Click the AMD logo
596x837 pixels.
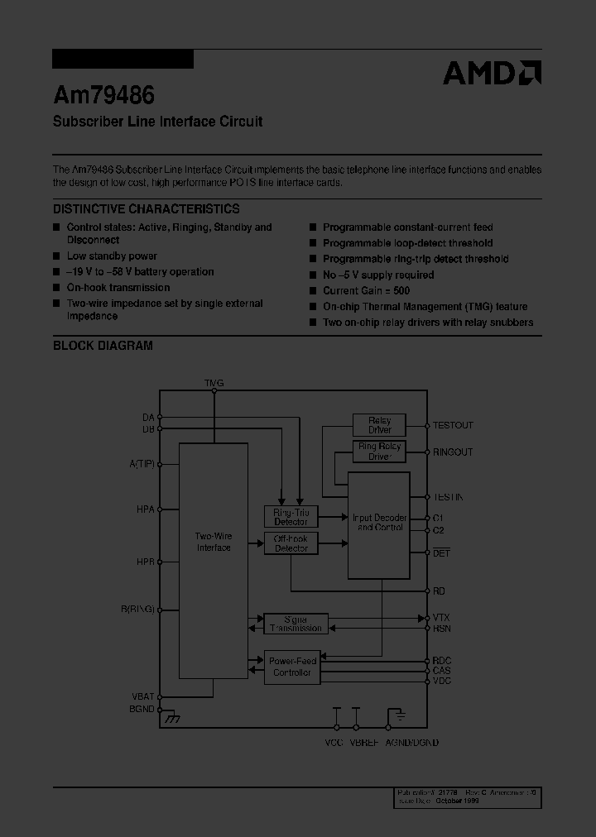tap(492, 73)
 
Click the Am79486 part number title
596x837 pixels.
tap(103, 96)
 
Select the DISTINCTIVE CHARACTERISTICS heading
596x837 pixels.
tap(147, 209)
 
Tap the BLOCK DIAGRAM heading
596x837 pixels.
tap(103, 346)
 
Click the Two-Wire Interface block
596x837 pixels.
tap(214, 543)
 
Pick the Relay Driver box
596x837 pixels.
tap(379, 425)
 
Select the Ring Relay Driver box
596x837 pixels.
tap(379, 452)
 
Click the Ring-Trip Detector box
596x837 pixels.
tap(291, 517)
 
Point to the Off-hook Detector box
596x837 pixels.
tap(291, 543)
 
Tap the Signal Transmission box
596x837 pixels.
tap(296, 624)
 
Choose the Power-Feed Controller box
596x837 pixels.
tap(291, 667)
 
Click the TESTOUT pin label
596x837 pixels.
tap(453, 425)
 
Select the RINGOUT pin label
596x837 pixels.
tap(453, 452)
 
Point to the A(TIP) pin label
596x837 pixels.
tap(142, 464)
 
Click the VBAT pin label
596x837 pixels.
tap(142, 697)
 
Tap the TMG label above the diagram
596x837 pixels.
tap(214, 383)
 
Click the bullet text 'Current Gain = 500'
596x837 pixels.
tap(366, 291)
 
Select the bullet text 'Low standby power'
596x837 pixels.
tap(112, 256)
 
